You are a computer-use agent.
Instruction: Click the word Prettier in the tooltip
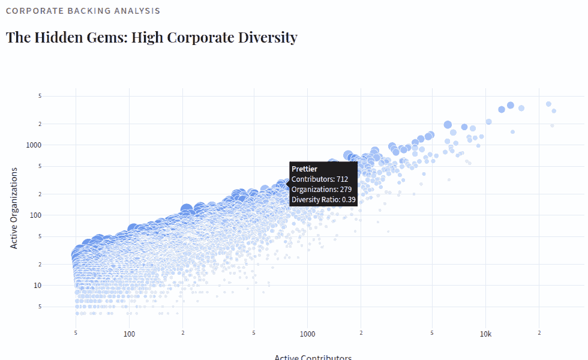pyautogui.click(x=305, y=169)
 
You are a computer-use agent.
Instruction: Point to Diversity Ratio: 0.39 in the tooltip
pyautogui.click(x=323, y=200)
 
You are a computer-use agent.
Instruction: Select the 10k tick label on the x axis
pyautogui.click(x=485, y=334)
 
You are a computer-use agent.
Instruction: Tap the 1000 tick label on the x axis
pyautogui.click(x=307, y=334)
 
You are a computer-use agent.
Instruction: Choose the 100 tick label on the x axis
pyautogui.click(x=129, y=334)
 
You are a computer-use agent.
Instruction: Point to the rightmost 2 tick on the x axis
pyautogui.click(x=539, y=332)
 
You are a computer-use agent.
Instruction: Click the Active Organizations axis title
pyautogui.click(x=14, y=208)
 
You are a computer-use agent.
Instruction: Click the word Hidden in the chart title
pyautogui.click(x=59, y=37)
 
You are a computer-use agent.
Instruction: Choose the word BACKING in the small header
pyautogui.click(x=79, y=11)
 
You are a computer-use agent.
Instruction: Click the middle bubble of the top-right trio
pyautogui.click(x=511, y=106)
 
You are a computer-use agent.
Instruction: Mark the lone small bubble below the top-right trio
pyautogui.click(x=512, y=131)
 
